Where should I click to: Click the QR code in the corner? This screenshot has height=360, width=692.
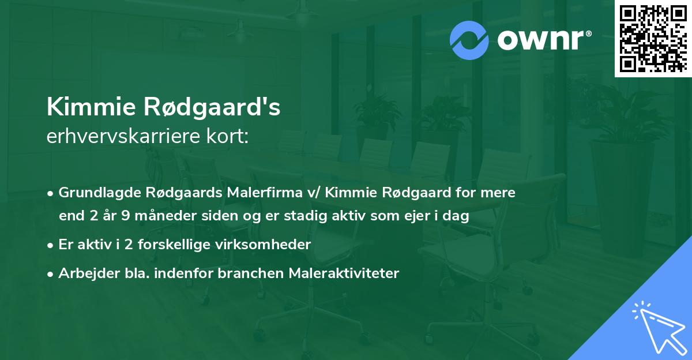click(653, 38)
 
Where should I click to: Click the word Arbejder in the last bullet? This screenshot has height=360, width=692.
click(84, 273)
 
